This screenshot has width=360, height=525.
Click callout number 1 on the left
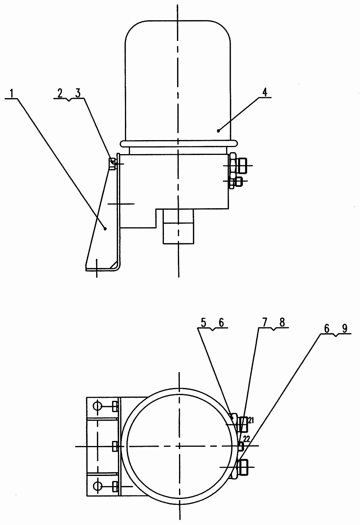click(x=12, y=93)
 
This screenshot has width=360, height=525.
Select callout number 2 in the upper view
click(x=60, y=93)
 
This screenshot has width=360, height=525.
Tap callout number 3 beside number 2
click(x=78, y=93)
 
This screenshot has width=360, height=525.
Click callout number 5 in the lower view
click(x=203, y=323)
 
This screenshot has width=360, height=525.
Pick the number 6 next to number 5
click(x=221, y=323)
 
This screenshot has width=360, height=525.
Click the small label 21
click(x=251, y=421)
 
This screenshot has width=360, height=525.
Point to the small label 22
click(x=246, y=439)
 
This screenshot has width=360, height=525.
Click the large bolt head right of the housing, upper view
click(x=242, y=166)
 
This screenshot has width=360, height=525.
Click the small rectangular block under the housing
click(x=179, y=227)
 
